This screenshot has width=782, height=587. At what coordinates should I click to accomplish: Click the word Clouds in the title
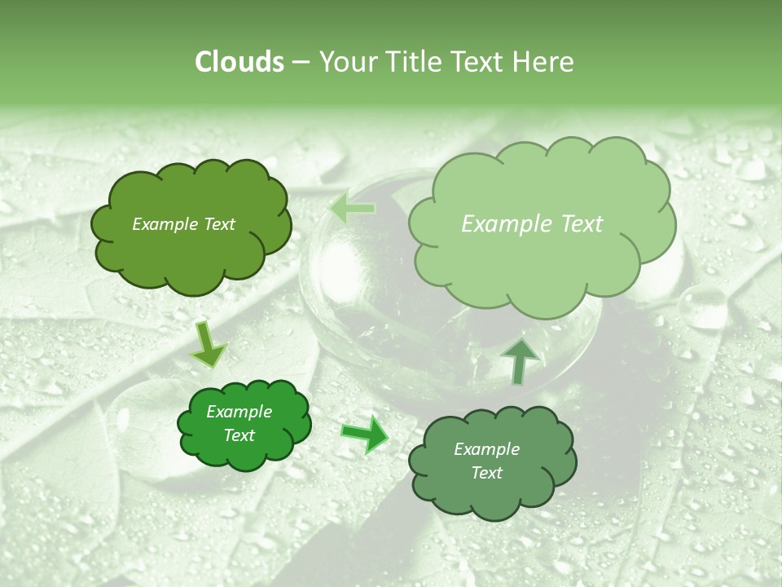[239, 62]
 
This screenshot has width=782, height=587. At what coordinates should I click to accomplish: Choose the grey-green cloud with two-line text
[492, 489]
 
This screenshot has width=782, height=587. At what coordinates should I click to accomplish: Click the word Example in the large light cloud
[509, 224]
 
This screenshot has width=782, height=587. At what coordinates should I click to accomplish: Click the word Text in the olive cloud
[218, 224]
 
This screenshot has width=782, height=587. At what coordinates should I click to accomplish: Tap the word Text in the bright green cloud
[239, 435]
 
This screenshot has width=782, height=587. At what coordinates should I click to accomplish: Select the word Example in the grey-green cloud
[486, 449]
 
